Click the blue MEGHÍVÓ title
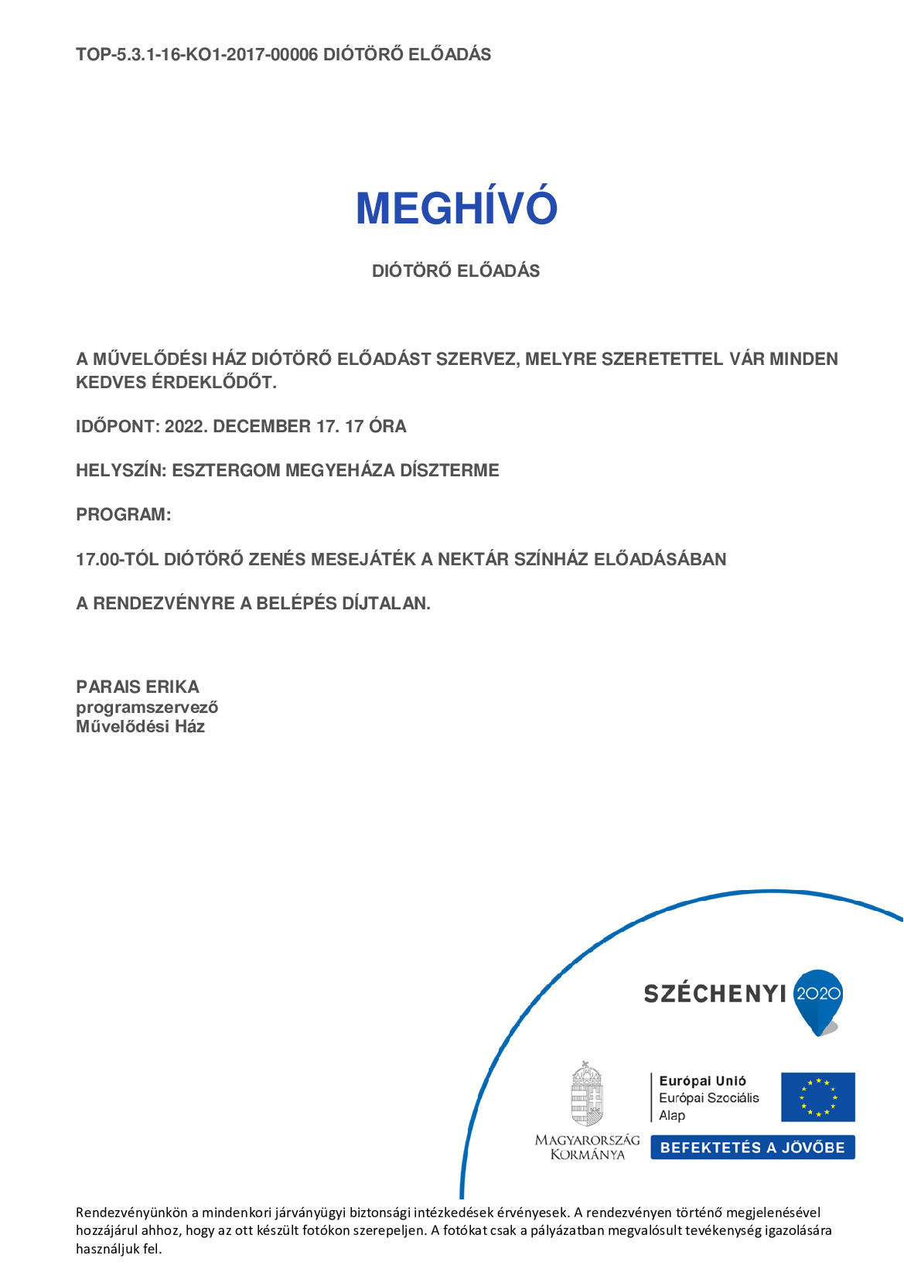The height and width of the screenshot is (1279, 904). click(x=456, y=208)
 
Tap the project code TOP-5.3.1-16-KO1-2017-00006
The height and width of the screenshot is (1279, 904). click(x=196, y=55)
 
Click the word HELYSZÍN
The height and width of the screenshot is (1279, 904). click(x=120, y=471)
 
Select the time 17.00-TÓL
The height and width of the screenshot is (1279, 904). click(x=117, y=559)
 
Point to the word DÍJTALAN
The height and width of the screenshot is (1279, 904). click(x=386, y=603)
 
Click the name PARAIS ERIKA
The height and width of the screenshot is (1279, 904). click(x=138, y=687)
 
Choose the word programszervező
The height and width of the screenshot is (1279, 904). click(x=147, y=707)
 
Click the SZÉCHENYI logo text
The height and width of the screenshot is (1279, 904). click(x=715, y=994)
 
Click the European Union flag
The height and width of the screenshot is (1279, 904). click(x=817, y=1097)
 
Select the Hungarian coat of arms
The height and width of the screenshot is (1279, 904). click(x=587, y=1094)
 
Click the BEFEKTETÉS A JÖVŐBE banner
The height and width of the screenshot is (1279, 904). click(x=752, y=1148)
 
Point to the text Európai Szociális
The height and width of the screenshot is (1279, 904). click(x=708, y=1098)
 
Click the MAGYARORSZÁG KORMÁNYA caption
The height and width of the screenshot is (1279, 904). click(x=588, y=1147)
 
